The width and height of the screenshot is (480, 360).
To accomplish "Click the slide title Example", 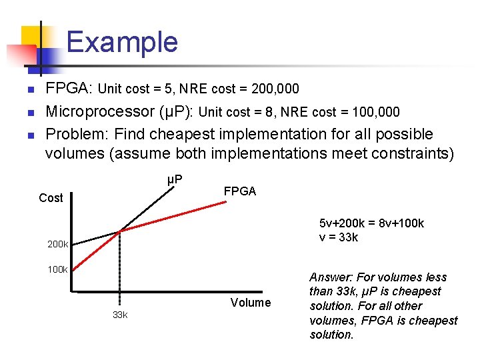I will click(x=122, y=42).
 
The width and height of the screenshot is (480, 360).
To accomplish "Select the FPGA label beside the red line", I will click(x=239, y=191).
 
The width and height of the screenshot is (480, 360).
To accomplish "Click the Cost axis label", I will click(x=51, y=198).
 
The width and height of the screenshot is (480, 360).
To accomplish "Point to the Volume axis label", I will click(x=251, y=303).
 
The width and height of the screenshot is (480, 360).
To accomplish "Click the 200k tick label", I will click(x=58, y=244).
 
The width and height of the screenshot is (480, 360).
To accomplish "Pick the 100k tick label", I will click(x=58, y=269).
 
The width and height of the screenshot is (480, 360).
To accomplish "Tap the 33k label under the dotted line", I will click(x=120, y=315).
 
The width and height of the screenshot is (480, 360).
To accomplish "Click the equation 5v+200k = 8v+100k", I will click(x=371, y=223).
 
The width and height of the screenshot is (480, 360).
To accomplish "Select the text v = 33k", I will click(x=339, y=237).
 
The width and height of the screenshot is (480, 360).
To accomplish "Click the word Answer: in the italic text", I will click(x=331, y=277).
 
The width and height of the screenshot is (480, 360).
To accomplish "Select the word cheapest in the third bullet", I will click(x=181, y=134).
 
